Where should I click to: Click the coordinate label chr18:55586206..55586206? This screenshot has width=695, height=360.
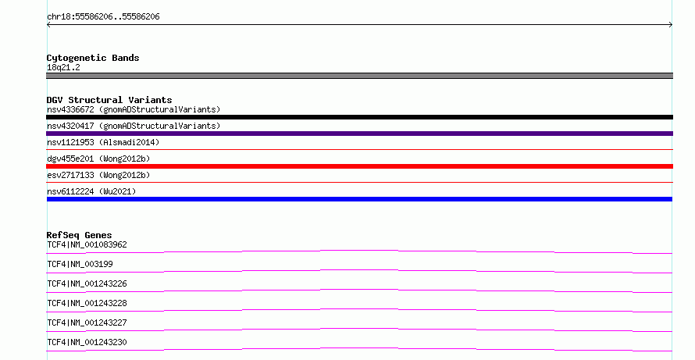tap(103, 17)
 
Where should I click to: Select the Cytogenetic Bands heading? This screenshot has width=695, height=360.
tap(93, 58)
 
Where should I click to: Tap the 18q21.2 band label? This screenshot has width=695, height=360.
tap(63, 67)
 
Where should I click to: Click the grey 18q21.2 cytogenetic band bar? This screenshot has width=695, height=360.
tap(359, 76)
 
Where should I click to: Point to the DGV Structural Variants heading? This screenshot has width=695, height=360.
tap(109, 100)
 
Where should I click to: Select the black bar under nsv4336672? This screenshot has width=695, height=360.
tap(359, 117)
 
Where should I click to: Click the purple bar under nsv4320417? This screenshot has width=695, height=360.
tap(359, 134)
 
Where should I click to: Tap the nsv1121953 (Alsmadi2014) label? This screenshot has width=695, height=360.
tap(103, 142)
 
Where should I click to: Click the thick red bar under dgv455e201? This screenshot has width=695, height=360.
tap(359, 166)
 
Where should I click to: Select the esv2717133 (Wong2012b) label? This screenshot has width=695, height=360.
tap(98, 175)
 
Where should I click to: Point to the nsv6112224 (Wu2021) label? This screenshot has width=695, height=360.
tap(91, 191)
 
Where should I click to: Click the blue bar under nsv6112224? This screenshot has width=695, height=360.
tap(359, 199)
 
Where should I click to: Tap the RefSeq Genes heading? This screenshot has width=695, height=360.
tap(79, 235)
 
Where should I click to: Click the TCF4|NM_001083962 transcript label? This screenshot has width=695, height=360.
tap(87, 244)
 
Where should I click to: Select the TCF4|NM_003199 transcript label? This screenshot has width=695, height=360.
tap(80, 264)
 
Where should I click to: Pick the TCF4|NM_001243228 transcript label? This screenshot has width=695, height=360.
tap(87, 303)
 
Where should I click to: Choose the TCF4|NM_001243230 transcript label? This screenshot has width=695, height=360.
tap(87, 342)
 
